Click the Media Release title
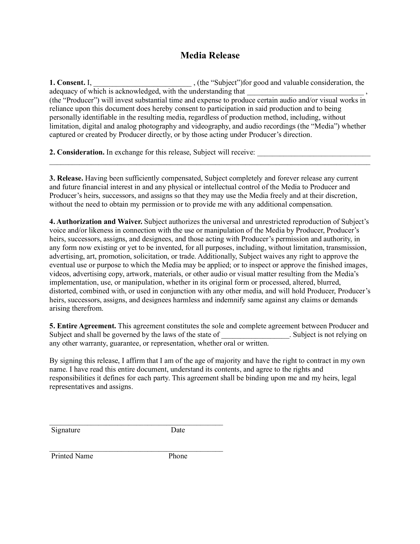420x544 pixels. (x=210, y=55)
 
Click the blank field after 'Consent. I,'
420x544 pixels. (x=142, y=84)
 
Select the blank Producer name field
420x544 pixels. (x=306, y=92)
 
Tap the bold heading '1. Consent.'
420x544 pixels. (x=67, y=83)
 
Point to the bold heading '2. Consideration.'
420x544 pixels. (x=77, y=152)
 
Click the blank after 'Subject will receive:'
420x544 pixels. (x=314, y=153)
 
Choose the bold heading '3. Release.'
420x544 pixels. (x=66, y=178)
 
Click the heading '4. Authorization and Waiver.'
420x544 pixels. (x=96, y=222)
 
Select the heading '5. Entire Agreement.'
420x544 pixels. (x=83, y=326)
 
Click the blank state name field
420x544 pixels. (x=255, y=336)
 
